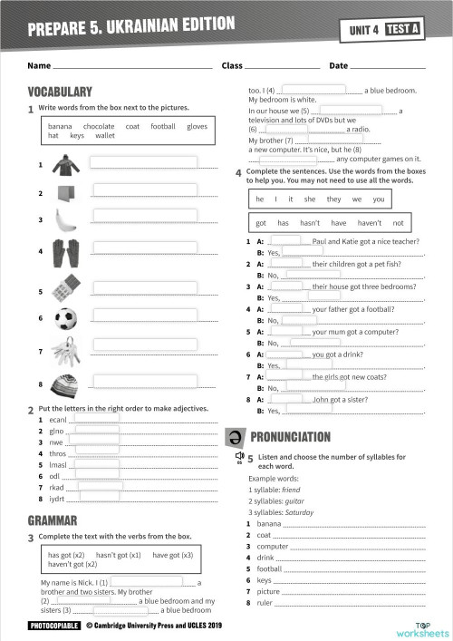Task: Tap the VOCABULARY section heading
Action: pyautogui.click(x=60, y=92)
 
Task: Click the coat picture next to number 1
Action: pyautogui.click(x=64, y=165)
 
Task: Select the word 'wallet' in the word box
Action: pyautogui.click(x=105, y=136)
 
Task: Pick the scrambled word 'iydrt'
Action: pyautogui.click(x=58, y=498)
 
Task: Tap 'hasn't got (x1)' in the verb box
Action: pyautogui.click(x=118, y=555)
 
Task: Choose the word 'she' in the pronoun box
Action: pyautogui.click(x=310, y=199)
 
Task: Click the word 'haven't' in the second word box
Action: pyautogui.click(x=369, y=223)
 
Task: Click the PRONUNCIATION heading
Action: pyautogui.click(x=290, y=437)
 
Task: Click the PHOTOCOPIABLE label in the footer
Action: pyautogui.click(x=54, y=626)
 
